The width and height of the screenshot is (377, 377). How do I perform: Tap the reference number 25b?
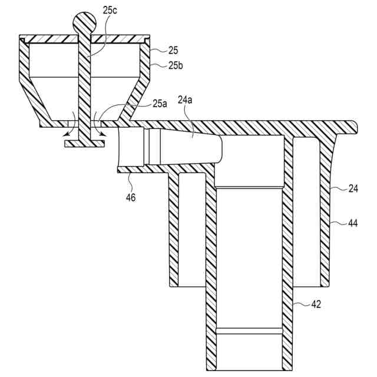[176, 65]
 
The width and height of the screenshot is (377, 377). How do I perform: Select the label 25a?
[160, 104]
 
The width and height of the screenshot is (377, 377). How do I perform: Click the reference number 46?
[131, 197]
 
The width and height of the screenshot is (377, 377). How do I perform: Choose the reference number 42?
[317, 304]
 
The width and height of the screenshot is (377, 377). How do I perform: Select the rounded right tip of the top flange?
[353, 125]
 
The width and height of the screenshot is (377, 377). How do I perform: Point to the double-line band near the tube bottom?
[249, 331]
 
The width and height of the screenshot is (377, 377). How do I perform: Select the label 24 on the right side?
[353, 189]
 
